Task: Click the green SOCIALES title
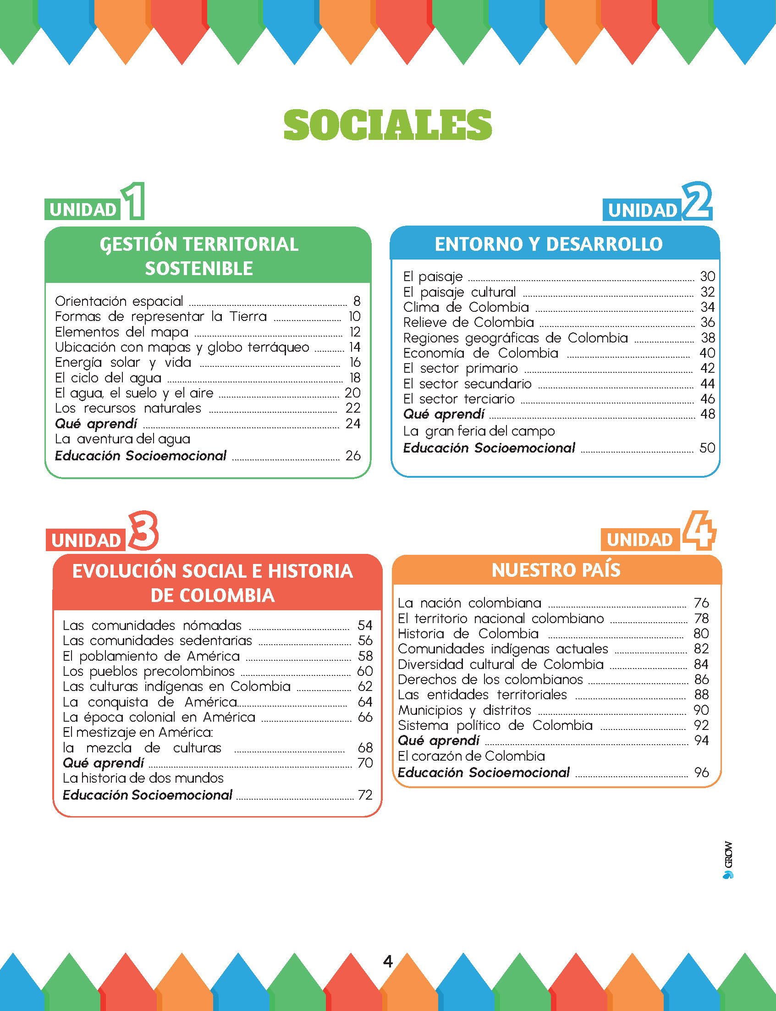click(x=387, y=125)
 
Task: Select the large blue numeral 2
click(x=697, y=200)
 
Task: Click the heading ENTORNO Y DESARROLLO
click(x=549, y=244)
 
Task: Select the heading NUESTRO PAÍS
click(x=556, y=570)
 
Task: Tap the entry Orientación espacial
click(x=119, y=301)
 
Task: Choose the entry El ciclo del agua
click(x=108, y=378)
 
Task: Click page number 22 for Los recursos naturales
click(x=353, y=408)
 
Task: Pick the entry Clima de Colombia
click(x=466, y=307)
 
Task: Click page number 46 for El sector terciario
click(x=707, y=399)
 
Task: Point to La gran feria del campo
click(x=479, y=431)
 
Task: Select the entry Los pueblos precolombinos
click(x=149, y=671)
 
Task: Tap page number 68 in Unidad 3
click(x=365, y=748)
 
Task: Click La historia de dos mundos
click(x=143, y=778)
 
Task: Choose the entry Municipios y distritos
click(x=465, y=710)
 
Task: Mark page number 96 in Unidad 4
click(x=701, y=772)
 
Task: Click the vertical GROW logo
click(x=728, y=859)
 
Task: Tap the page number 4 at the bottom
click(x=388, y=961)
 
